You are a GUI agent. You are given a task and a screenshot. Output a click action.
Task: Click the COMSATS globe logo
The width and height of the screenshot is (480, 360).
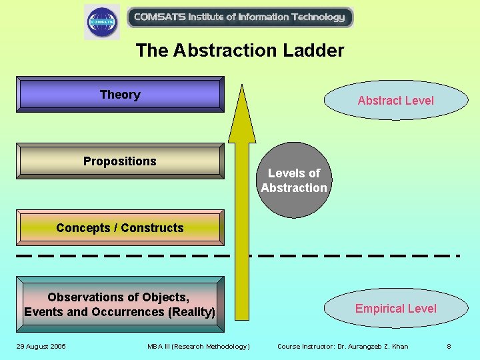(x=102, y=21)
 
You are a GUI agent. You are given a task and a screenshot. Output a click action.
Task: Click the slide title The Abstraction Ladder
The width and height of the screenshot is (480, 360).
(x=240, y=51)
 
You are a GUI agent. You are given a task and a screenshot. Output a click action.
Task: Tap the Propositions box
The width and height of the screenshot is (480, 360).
(x=120, y=161)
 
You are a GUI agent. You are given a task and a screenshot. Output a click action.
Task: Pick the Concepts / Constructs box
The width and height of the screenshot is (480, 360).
(x=120, y=227)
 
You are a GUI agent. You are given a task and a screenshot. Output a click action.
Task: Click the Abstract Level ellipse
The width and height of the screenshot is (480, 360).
(x=395, y=101)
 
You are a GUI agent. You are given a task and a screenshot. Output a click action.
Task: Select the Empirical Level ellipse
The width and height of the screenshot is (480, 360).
(x=395, y=309)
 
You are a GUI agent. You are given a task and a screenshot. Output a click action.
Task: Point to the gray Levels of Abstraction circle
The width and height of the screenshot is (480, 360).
(x=294, y=181)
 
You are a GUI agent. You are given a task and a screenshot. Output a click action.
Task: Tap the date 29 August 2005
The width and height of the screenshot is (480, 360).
(x=41, y=346)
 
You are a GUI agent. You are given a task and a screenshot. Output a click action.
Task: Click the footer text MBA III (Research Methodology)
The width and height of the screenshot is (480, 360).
(x=199, y=346)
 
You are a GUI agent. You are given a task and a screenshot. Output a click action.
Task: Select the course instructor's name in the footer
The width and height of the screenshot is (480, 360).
(x=377, y=346)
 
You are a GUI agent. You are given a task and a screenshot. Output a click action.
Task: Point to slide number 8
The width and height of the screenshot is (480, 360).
(x=449, y=346)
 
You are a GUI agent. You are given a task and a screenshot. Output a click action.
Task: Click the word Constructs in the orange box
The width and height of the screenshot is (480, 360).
(x=153, y=228)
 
